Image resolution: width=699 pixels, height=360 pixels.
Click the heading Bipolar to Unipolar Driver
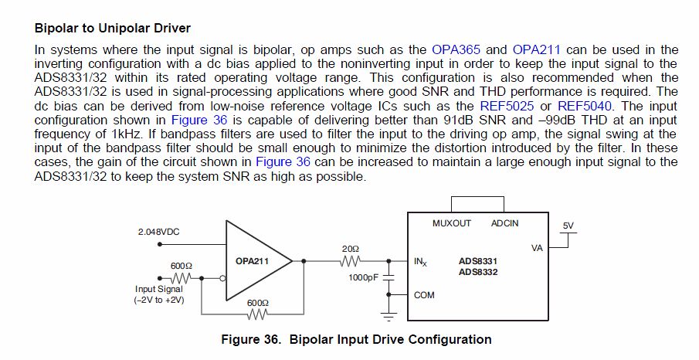pyautogui.click(x=113, y=29)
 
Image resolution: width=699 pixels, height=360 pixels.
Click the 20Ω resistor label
pyautogui.click(x=350, y=249)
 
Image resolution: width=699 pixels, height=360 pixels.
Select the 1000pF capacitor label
pyautogui.click(x=363, y=277)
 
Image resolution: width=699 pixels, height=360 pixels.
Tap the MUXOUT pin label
pyautogui.click(x=452, y=223)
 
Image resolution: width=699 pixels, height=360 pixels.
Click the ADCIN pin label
pyautogui.click(x=505, y=223)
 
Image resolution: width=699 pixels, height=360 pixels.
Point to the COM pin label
pyautogui.click(x=424, y=294)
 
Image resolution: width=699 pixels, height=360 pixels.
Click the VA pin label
pyautogui.click(x=538, y=248)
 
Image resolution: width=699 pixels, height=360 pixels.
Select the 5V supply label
pyautogui.click(x=568, y=225)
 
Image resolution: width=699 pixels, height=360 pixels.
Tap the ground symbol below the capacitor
pyautogui.click(x=389, y=314)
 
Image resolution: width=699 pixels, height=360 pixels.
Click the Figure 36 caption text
pyautogui.click(x=356, y=339)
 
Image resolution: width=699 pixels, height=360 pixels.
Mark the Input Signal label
pyautogui.click(x=158, y=290)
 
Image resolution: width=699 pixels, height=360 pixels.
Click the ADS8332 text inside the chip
pyautogui.click(x=477, y=272)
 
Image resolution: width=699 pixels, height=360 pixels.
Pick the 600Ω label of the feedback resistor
pyautogui.click(x=257, y=303)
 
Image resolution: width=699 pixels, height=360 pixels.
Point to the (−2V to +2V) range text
pyautogui.click(x=158, y=300)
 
